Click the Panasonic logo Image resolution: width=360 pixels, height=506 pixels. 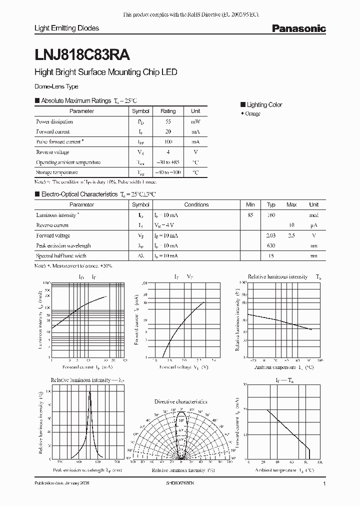pos(298,29)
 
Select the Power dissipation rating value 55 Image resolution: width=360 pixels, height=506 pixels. pos(168,121)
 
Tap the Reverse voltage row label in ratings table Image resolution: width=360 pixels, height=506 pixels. pos(52,152)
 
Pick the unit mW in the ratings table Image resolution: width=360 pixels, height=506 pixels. pos(195,121)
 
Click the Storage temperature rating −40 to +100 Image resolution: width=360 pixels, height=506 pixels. pos(168,172)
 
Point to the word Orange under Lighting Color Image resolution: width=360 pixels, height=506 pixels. pos(252,114)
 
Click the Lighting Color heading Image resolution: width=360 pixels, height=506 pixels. pos(264,104)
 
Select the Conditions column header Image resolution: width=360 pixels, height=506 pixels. pos(196,204)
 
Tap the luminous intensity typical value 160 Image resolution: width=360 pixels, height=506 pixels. pos(271,215)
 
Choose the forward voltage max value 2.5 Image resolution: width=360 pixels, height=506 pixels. pos(291,235)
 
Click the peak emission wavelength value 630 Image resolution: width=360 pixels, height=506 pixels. pos(271,245)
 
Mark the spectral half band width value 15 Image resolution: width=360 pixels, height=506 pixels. pos(271,256)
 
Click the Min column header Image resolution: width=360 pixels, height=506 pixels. pos(250,204)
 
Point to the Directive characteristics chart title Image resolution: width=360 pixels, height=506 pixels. pos(180,401)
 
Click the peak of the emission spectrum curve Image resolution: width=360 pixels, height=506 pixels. pos(90,392)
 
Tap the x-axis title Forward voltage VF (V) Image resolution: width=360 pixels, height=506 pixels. pos(183,366)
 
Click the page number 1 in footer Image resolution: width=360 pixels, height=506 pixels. pos(324,484)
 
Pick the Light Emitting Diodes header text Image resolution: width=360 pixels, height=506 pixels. pos(66,28)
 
